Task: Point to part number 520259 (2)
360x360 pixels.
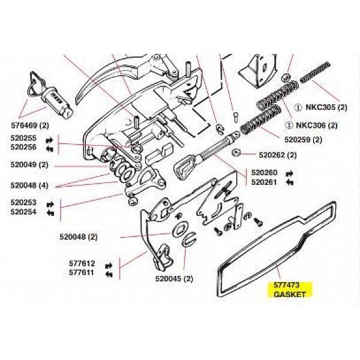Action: click(303, 140)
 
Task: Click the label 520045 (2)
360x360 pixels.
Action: click(174, 278)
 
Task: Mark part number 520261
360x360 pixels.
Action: click(263, 182)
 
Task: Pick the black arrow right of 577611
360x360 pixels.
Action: click(109, 274)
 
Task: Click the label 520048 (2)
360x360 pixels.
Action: click(78, 236)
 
